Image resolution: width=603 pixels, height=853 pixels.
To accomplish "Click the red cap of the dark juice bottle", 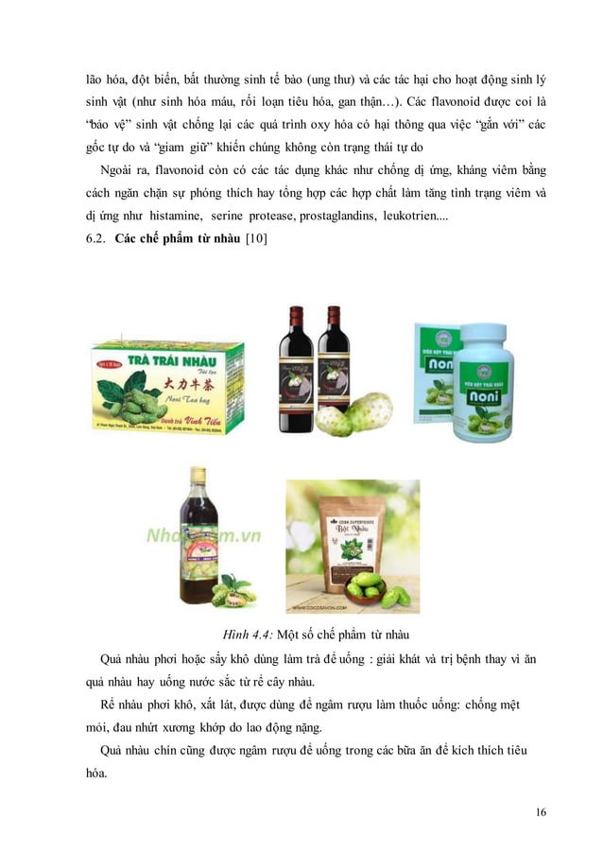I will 198,473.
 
